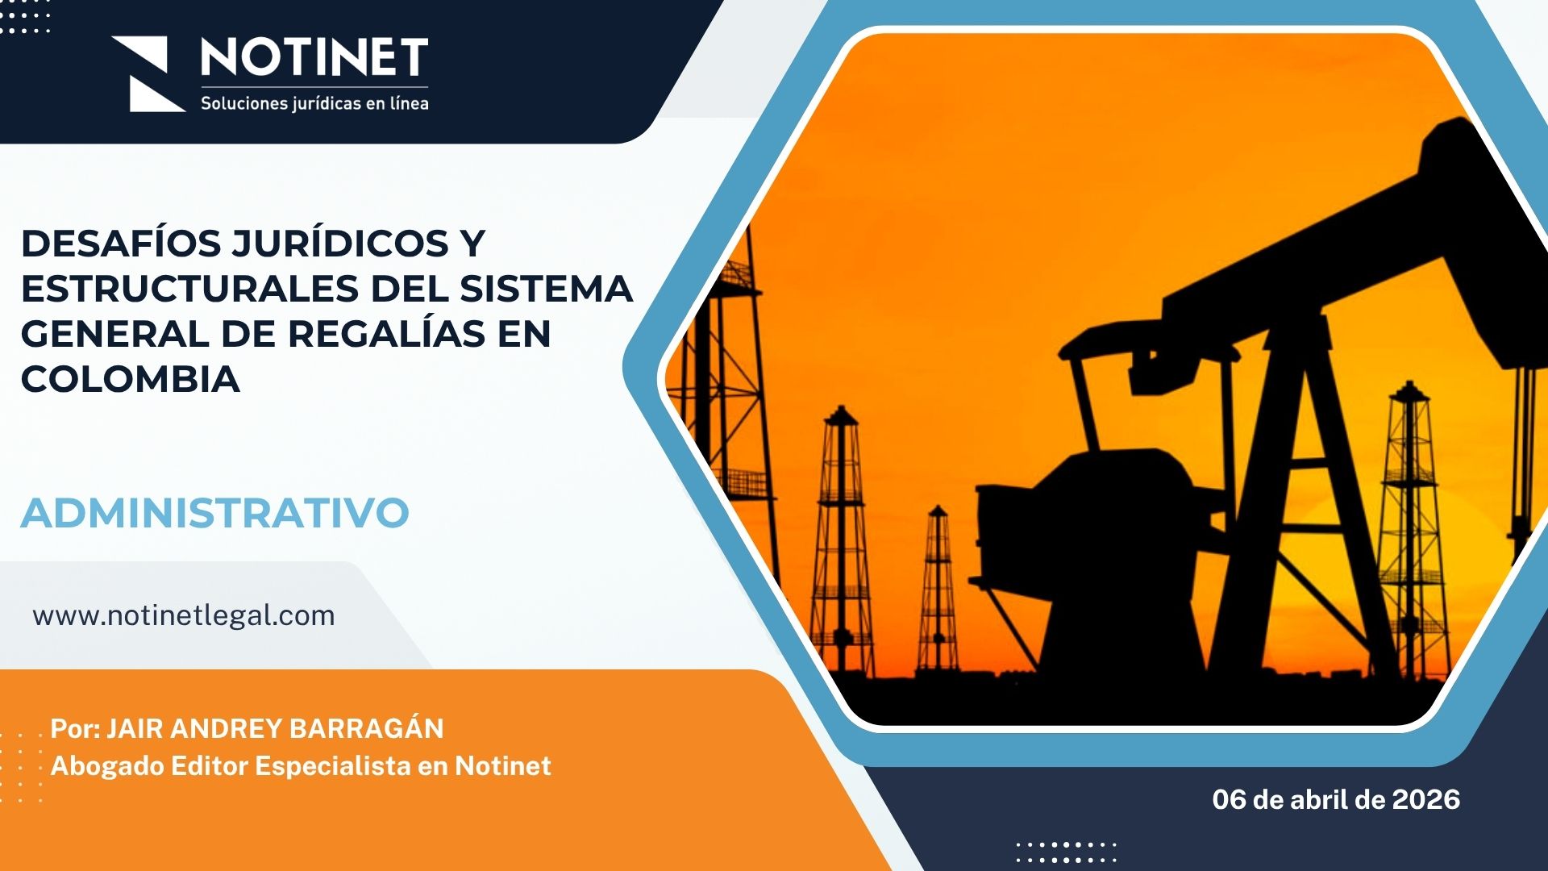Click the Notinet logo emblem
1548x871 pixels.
pos(149,73)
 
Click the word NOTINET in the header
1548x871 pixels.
pos(314,58)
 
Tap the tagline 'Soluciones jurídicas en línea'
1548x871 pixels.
pos(314,103)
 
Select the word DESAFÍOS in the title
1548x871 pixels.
pos(121,243)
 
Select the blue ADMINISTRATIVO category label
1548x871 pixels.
pos(215,513)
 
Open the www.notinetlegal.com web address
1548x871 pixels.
pos(184,615)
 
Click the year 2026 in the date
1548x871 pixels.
pos(1426,799)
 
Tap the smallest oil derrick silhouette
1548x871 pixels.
pos(938,589)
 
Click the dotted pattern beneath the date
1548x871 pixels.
pos(1066,852)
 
